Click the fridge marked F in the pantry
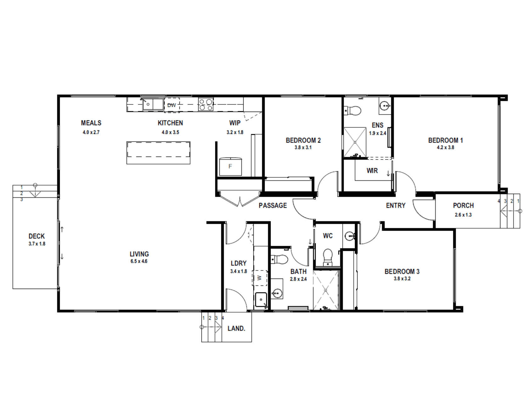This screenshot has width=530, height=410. click(230, 166)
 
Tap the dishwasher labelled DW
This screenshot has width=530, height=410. click(172, 105)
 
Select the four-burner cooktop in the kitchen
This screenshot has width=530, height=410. click(206, 104)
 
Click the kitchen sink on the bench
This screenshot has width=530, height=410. click(153, 104)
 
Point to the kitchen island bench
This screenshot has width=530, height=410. click(158, 153)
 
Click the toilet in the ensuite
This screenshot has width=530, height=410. click(353, 110)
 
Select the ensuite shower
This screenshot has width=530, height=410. click(355, 142)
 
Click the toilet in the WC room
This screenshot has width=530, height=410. click(328, 257)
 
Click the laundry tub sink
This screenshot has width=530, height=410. click(261, 300)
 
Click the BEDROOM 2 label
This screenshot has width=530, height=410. click(303, 140)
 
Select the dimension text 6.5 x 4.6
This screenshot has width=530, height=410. click(139, 261)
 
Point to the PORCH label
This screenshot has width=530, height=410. click(463, 205)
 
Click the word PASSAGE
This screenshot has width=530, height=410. click(273, 205)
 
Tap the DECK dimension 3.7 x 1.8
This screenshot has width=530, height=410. click(37, 244)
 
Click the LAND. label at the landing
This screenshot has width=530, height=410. click(236, 328)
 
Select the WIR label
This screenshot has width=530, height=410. click(372, 170)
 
